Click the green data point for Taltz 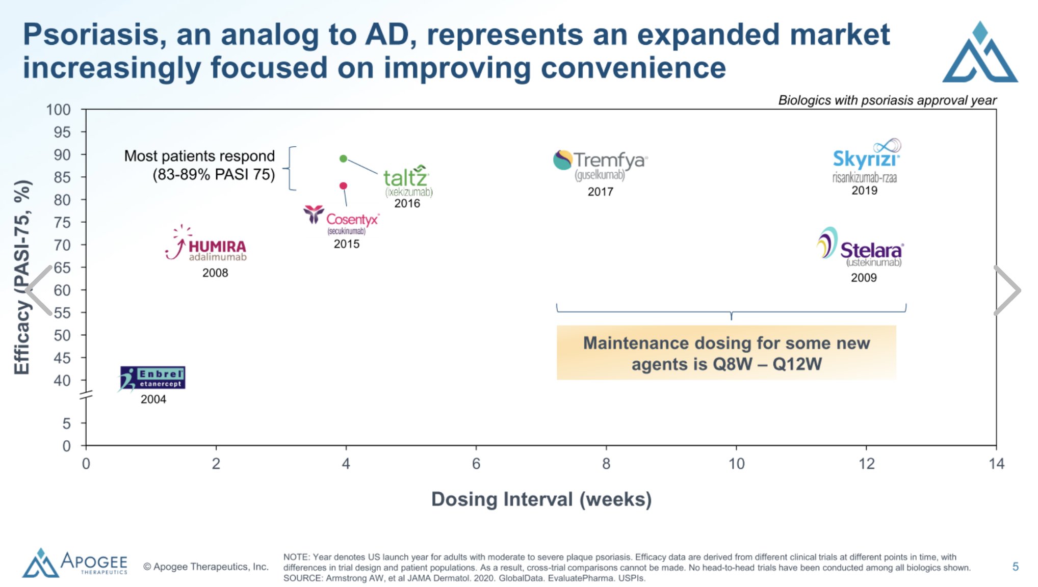click(x=343, y=158)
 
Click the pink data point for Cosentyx click(x=343, y=185)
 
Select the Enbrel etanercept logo click(x=152, y=378)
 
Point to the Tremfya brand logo click(x=600, y=165)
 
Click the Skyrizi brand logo click(x=866, y=160)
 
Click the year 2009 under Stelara click(x=863, y=278)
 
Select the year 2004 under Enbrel click(x=153, y=399)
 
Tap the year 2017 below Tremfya click(x=600, y=192)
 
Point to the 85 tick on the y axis click(x=62, y=177)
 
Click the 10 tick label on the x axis click(x=736, y=464)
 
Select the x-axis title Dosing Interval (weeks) click(x=541, y=499)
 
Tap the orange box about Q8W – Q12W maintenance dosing click(x=726, y=353)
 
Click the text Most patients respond click(x=199, y=156)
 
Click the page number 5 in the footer click(x=1015, y=567)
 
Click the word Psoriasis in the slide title click(x=94, y=35)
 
